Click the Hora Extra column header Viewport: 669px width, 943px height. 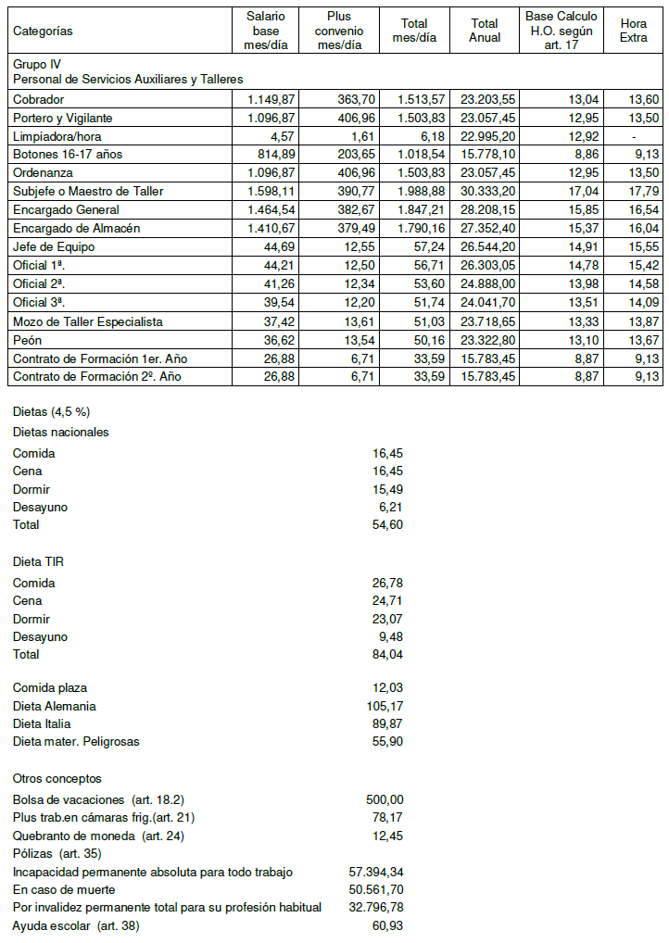tap(634, 31)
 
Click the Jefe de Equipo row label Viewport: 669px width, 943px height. tap(53, 247)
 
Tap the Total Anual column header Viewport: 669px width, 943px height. tap(485, 31)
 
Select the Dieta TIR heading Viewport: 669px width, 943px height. tap(38, 561)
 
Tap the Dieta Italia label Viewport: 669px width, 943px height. tap(42, 723)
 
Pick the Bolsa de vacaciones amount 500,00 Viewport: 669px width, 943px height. tap(385, 799)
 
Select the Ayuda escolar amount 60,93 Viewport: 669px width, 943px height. tap(386, 926)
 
